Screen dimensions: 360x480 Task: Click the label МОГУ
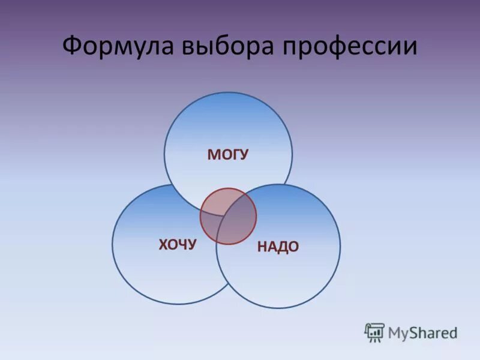pos(228,155)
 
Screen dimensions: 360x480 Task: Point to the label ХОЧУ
pos(178,244)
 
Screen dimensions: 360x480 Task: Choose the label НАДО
pos(278,247)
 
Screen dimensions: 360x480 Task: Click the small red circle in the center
pos(228,216)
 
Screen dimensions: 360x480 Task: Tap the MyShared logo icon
pos(374,332)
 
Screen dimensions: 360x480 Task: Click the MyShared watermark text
pos(422,332)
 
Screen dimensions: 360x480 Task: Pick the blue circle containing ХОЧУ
pos(156,264)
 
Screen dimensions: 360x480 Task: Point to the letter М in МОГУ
pos(213,155)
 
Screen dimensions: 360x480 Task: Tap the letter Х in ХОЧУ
pos(163,244)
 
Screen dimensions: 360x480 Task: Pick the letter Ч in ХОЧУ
pos(183,244)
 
